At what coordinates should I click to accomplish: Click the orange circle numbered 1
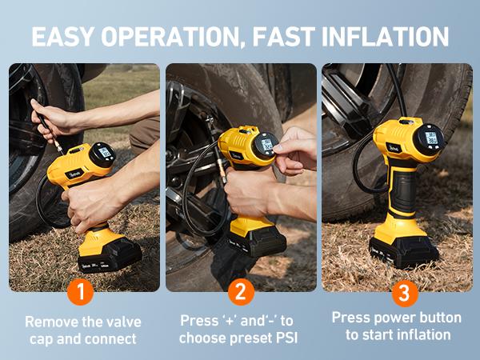80,292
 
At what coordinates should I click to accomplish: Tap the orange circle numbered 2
240,292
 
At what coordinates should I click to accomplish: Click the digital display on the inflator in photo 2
266,144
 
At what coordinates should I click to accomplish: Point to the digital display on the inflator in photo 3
430,136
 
